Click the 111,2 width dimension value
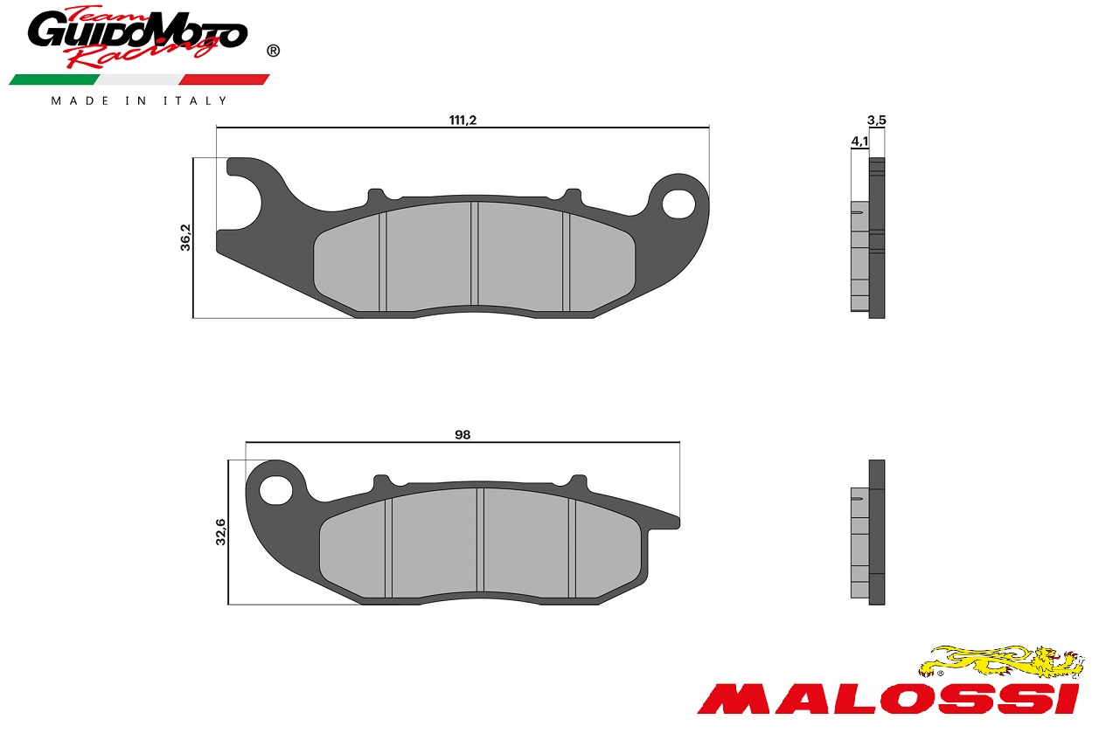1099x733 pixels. click(x=463, y=120)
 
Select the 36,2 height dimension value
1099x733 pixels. click(x=185, y=238)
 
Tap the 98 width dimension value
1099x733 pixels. click(x=463, y=435)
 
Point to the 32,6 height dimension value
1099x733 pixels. click(x=221, y=532)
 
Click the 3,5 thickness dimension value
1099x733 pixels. click(x=877, y=120)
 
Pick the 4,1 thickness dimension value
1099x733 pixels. click(x=859, y=142)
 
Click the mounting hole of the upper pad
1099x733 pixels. click(x=679, y=204)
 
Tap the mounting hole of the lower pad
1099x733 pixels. click(x=275, y=490)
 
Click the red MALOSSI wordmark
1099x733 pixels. click(x=889, y=700)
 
